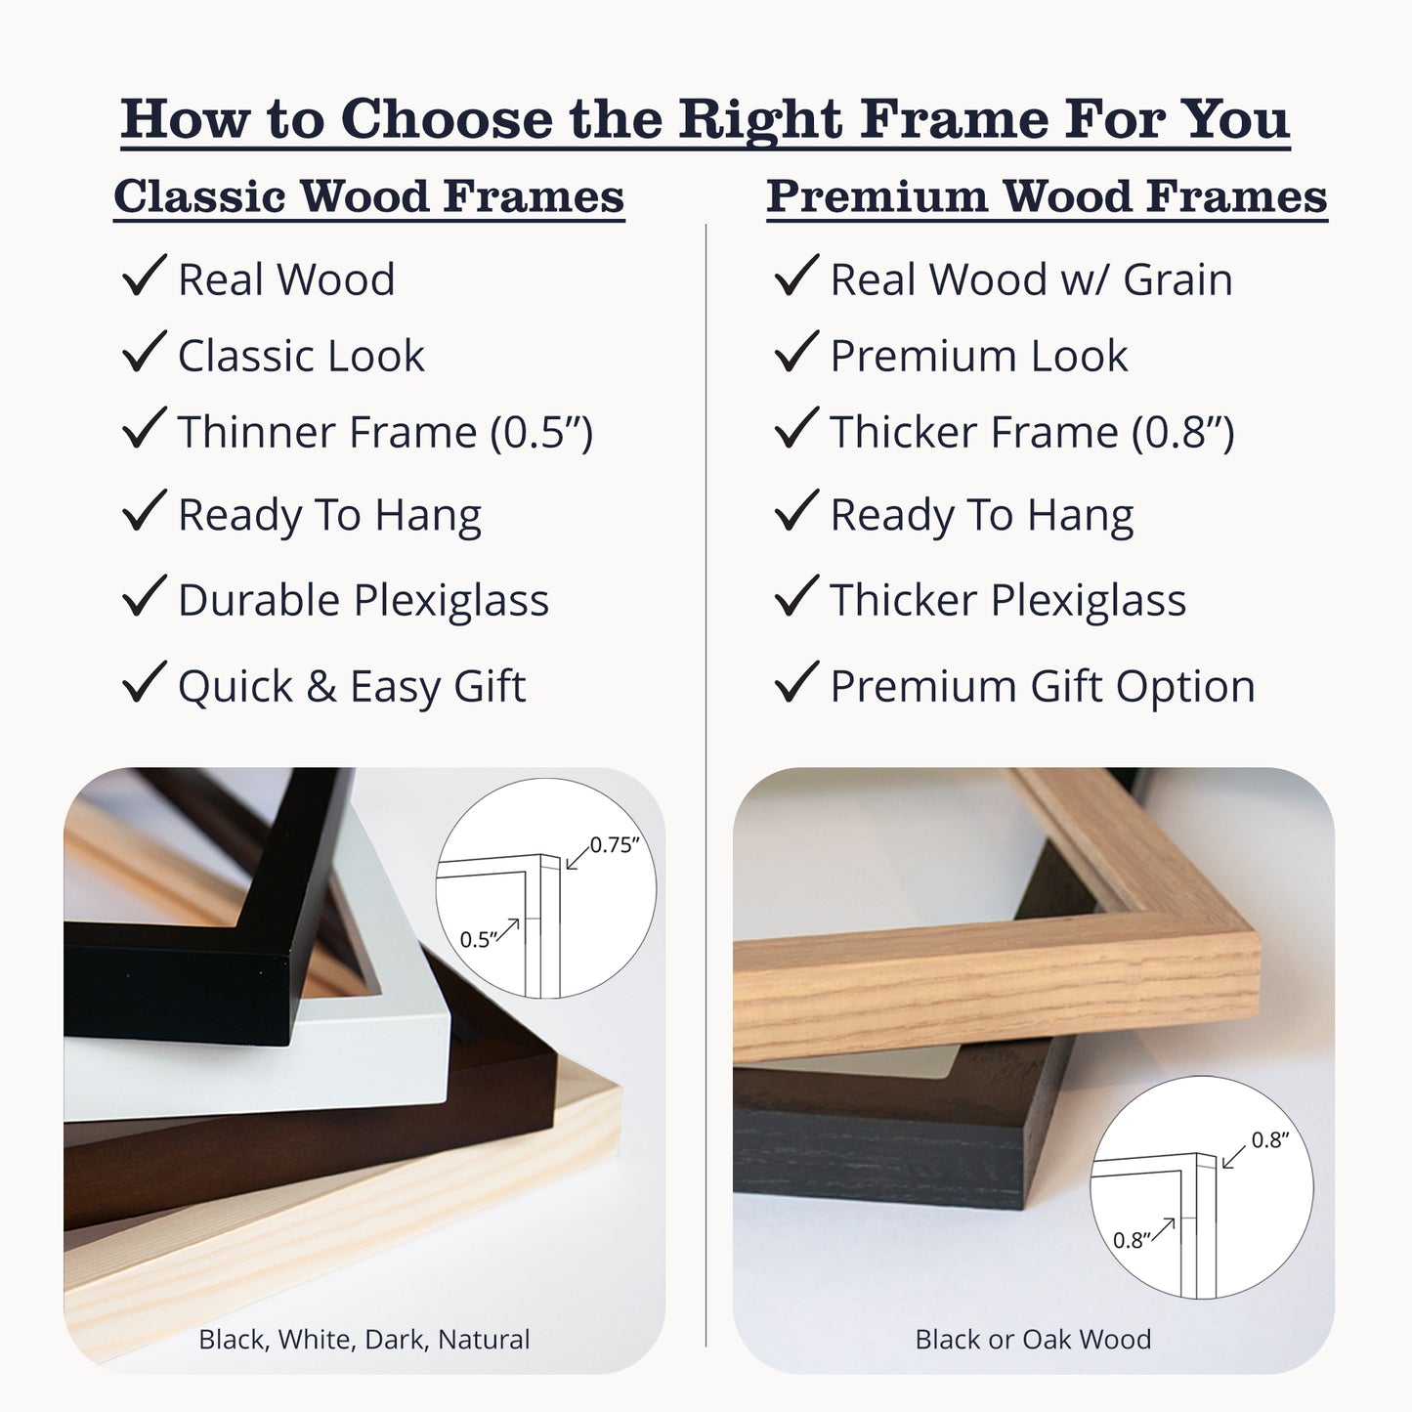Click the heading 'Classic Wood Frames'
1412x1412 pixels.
[x=368, y=196]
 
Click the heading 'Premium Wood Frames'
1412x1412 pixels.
[x=1047, y=196]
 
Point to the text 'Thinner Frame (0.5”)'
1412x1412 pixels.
[x=385, y=432]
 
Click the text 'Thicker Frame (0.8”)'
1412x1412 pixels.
[x=1032, y=432]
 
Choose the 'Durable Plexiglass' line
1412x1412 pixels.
[x=363, y=600]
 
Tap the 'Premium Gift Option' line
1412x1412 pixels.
[x=1042, y=686]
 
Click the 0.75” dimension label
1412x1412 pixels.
[x=614, y=845]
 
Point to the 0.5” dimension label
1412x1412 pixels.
[x=479, y=939]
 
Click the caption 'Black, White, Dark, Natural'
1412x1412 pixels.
[x=364, y=1339]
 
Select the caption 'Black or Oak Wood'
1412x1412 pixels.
[x=1033, y=1339]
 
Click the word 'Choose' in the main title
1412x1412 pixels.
[x=448, y=119]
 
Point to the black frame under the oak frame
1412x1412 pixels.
[x=879, y=1143]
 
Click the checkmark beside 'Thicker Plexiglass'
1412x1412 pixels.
[x=796, y=596]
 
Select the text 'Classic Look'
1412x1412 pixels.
[x=301, y=356]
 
